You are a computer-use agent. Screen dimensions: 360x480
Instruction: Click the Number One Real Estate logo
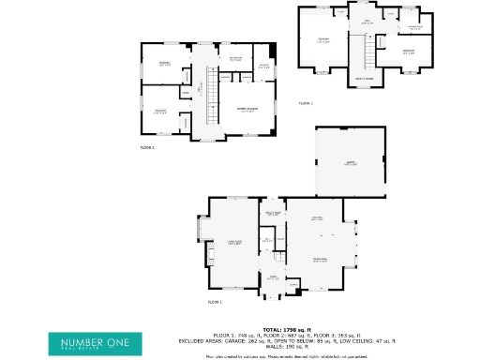click(x=97, y=343)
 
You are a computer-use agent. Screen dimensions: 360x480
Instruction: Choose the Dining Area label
click(x=320, y=261)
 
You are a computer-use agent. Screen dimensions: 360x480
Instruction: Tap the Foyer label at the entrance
click(x=274, y=277)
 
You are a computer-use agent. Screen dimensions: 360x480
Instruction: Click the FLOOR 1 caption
click(x=214, y=302)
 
